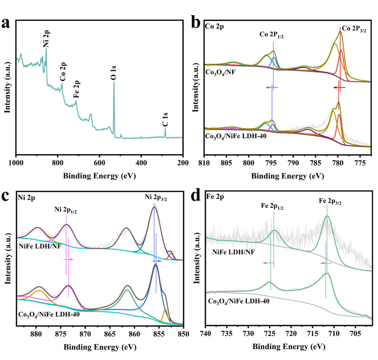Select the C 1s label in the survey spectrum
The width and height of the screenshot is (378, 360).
(x=165, y=120)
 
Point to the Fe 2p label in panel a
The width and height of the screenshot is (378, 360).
(x=76, y=91)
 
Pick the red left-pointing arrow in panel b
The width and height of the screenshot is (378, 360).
(x=339, y=88)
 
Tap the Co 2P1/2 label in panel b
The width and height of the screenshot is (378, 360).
(x=273, y=35)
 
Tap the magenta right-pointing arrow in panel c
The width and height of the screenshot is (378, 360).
(x=69, y=260)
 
